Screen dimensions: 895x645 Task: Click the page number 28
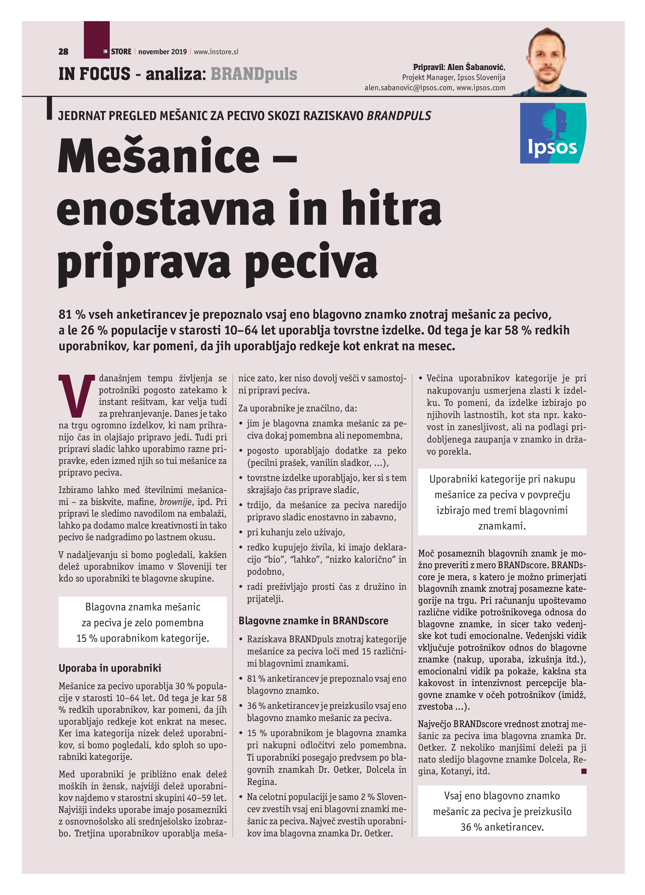63,52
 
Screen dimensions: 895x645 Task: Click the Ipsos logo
553,133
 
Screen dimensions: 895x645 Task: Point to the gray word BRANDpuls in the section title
254,74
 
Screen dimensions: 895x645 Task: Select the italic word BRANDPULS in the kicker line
399,116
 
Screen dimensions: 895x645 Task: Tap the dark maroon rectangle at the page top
97,39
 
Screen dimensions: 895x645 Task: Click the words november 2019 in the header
163,52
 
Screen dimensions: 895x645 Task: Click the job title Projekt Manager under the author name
428,77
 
